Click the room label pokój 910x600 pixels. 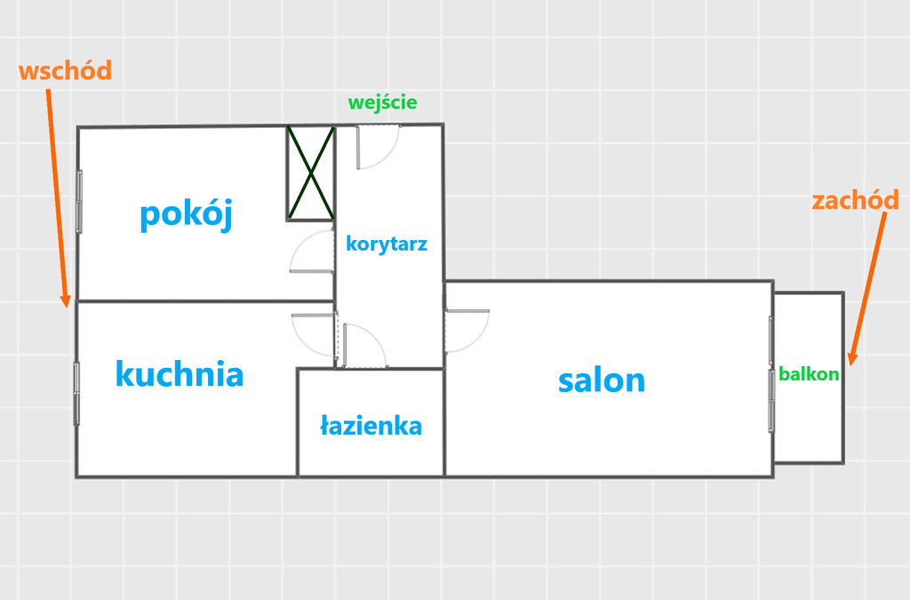pyautogui.click(x=186, y=214)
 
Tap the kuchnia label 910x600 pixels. pyautogui.click(x=180, y=373)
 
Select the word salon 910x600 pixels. pyautogui.click(x=602, y=380)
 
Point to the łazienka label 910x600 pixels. pyautogui.click(x=371, y=426)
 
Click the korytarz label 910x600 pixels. pyautogui.click(x=387, y=244)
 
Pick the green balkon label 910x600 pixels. pyautogui.click(x=809, y=373)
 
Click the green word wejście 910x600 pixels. pyautogui.click(x=382, y=102)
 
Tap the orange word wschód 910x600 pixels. pyautogui.click(x=65, y=72)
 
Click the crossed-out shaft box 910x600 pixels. pyautogui.click(x=310, y=172)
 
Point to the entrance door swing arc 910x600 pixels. pyautogui.click(x=379, y=148)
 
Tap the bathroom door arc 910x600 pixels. pyautogui.click(x=364, y=345)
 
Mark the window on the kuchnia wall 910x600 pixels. pyautogui.click(x=77, y=392)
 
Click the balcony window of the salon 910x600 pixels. pyautogui.click(x=771, y=373)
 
